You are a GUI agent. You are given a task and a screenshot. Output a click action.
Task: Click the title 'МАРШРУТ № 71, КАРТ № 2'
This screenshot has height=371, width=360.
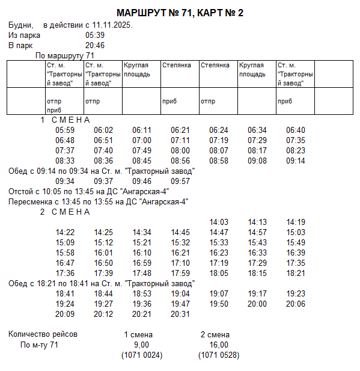[180, 13]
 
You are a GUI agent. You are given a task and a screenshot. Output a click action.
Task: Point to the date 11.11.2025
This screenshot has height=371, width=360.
[112, 25]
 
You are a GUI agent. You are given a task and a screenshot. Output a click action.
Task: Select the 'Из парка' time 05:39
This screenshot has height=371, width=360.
[95, 35]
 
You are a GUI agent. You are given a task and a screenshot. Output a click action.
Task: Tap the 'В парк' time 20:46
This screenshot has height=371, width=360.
[95, 45]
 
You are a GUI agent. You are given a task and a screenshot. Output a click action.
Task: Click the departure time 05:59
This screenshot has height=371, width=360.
[65, 130]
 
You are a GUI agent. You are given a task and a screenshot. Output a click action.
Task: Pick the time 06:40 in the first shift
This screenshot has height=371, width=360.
[296, 130]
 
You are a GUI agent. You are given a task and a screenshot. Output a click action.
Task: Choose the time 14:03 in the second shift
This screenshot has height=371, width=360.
[219, 222]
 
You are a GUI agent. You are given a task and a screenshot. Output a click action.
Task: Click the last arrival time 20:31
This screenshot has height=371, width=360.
[180, 314]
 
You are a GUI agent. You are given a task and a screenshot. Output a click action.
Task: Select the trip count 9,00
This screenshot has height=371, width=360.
[141, 345]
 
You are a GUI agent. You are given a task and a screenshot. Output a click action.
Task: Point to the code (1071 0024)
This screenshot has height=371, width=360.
[142, 355]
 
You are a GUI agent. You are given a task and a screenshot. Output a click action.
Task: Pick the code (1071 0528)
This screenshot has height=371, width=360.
[219, 355]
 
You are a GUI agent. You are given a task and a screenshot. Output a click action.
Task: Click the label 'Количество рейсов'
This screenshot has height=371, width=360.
[43, 334]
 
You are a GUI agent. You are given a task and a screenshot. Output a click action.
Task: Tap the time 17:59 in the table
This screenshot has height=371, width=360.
[180, 273]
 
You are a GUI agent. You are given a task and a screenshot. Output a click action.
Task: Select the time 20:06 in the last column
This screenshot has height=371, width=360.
[296, 304]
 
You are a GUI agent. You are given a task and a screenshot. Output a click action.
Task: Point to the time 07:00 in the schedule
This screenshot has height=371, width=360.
[142, 140]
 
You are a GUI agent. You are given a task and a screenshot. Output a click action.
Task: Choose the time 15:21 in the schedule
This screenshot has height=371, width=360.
[142, 242]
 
